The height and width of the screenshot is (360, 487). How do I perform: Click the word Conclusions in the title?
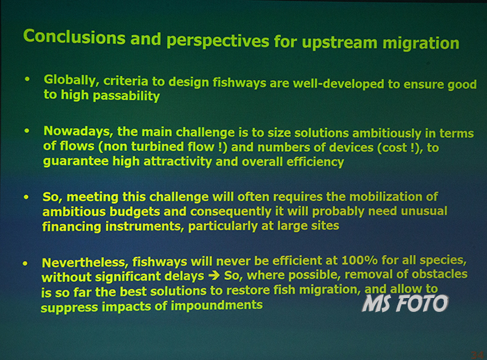click(74, 37)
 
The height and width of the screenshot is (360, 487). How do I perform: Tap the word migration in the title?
click(421, 44)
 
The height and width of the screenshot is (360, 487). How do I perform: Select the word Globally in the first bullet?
click(72, 81)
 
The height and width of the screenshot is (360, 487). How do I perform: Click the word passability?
click(127, 96)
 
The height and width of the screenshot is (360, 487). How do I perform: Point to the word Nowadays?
click(78, 132)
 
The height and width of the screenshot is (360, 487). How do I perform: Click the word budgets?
click(135, 212)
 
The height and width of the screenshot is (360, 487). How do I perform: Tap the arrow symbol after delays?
click(214, 276)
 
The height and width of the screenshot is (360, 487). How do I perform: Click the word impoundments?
click(217, 305)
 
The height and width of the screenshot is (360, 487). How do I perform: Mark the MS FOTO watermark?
click(405, 303)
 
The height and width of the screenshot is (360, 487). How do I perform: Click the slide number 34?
click(477, 355)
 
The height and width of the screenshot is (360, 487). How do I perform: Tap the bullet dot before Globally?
click(27, 79)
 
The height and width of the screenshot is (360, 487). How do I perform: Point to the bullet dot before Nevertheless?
click(25, 264)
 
